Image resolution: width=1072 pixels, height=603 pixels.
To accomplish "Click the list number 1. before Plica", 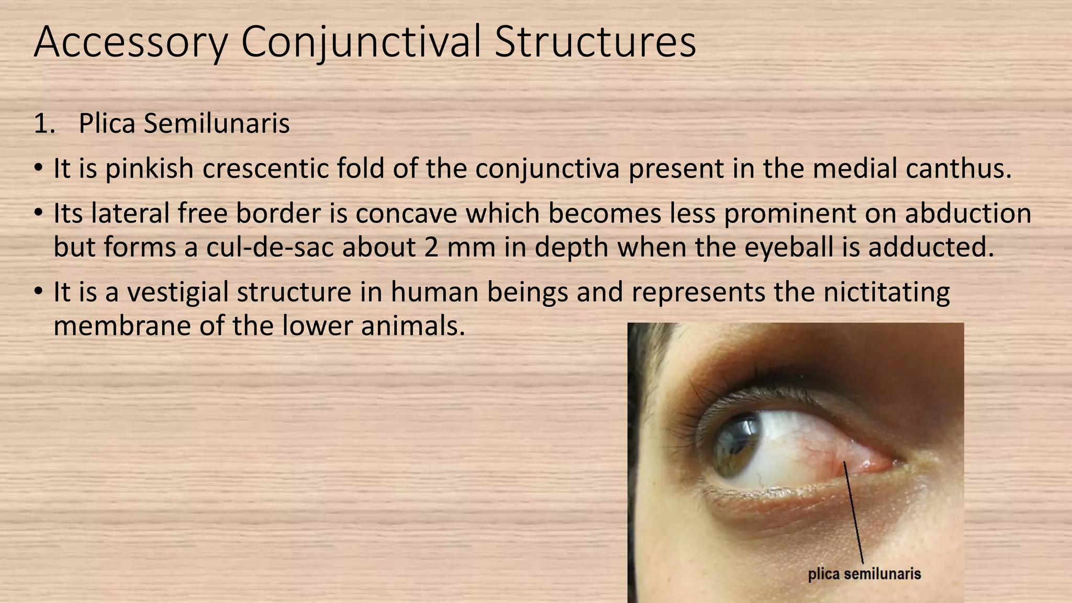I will tap(44, 124).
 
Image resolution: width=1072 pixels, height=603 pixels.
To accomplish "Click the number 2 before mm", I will tap(431, 247).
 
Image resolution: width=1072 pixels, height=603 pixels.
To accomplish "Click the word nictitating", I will tap(887, 292).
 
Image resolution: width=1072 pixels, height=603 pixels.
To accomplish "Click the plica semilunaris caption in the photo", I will tap(864, 574).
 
